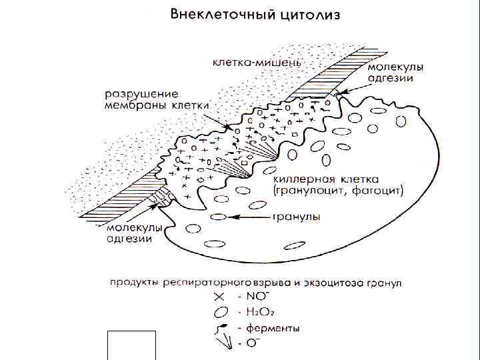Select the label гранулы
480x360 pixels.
click(296, 217)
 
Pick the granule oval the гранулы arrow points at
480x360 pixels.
click(218, 216)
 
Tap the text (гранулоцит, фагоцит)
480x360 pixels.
click(338, 191)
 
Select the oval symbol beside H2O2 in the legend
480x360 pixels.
click(219, 312)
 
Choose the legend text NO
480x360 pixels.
click(257, 295)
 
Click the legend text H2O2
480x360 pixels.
click(261, 312)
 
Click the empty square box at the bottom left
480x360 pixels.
click(131, 345)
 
